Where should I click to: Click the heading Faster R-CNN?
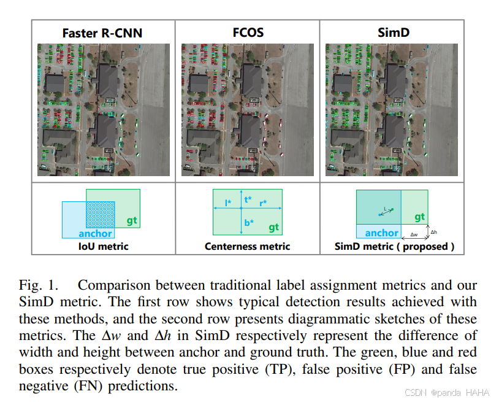pos(102,33)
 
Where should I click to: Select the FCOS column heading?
pos(248,33)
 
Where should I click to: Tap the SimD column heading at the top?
pos(392,33)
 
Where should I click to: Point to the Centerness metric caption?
pos(247,247)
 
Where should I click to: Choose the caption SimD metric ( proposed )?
pos(394,247)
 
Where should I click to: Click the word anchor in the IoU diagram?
pos(95,233)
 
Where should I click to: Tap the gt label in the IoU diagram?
pos(132,220)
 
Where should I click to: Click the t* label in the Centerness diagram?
pos(248,199)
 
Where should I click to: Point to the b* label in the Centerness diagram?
pos(248,223)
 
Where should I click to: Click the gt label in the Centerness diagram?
pos(273,227)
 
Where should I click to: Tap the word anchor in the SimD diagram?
pos(381,233)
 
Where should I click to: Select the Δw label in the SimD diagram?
pos(414,234)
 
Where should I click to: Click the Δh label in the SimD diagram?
pos(434,232)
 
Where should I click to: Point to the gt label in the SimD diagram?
pos(419,217)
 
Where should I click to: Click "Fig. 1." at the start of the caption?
pos(39,285)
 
